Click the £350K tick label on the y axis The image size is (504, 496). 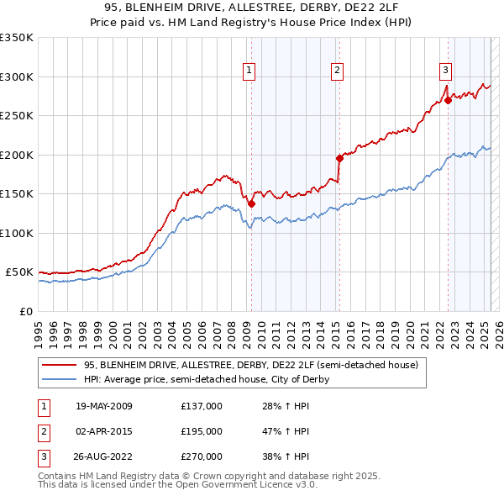(17, 38)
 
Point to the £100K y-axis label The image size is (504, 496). (17, 233)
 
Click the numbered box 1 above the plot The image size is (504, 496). (250, 71)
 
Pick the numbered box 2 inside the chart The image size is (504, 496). (336, 71)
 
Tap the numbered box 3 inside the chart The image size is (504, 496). (445, 71)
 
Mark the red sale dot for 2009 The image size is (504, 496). (251, 204)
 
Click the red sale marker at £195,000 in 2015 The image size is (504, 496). (339, 158)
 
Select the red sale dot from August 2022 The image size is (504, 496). (448, 100)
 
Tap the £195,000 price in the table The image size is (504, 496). (202, 431)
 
